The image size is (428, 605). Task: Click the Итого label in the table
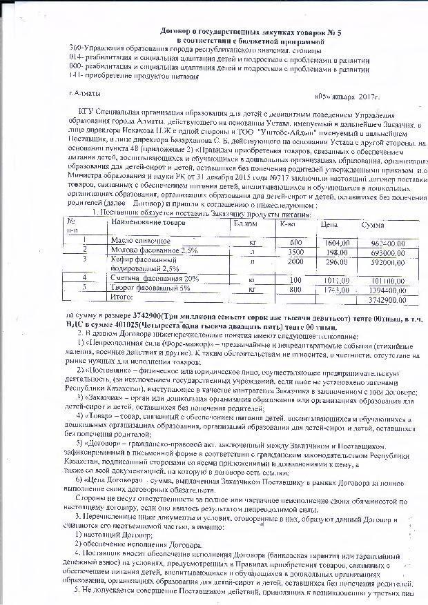[123, 297]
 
